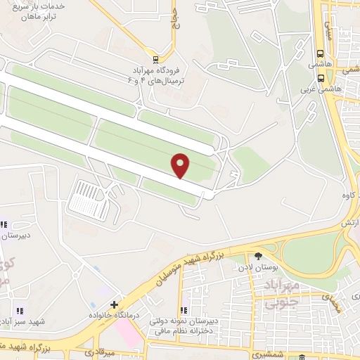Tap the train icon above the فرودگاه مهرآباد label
click(x=155, y=59)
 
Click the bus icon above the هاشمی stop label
click(x=321, y=53)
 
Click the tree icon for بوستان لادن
click(x=258, y=256)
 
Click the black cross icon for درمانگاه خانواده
click(x=114, y=304)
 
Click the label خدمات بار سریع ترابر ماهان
click(x=38, y=11)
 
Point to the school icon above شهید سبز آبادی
click(x=19, y=311)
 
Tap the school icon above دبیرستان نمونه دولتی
click(x=183, y=310)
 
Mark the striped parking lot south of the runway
click(x=91, y=198)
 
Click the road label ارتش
click(x=350, y=222)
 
